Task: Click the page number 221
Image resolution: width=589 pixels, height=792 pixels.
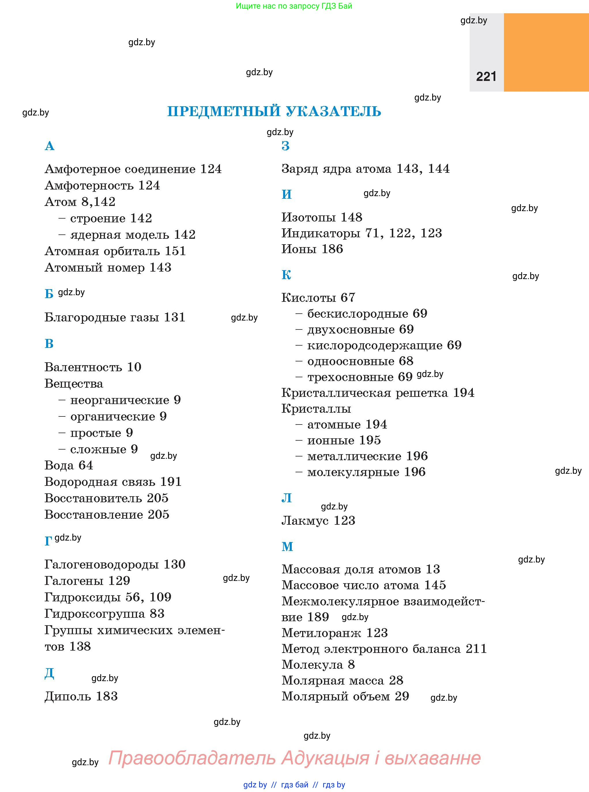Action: click(x=486, y=77)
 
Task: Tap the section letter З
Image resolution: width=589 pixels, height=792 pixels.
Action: click(x=286, y=146)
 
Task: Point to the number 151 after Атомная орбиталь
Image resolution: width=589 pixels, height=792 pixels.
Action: click(x=175, y=251)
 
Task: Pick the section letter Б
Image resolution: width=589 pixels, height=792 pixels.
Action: click(x=49, y=294)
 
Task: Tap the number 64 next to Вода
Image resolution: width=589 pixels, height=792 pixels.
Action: click(x=86, y=465)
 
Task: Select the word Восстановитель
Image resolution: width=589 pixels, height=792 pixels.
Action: click(x=93, y=498)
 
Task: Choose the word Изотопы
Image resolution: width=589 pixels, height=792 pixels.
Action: click(x=309, y=217)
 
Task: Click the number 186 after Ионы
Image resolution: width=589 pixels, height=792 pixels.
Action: click(x=332, y=249)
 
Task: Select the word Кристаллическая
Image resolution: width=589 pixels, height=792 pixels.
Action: click(x=365, y=393)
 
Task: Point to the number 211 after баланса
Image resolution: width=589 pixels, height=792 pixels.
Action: click(x=476, y=649)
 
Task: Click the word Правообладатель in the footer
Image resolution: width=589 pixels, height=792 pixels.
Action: click(x=192, y=758)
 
